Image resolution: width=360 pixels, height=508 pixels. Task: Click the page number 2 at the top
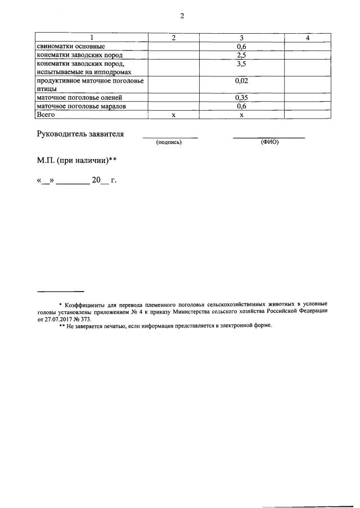(x=182, y=16)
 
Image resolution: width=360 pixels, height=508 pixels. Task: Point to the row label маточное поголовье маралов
(x=81, y=106)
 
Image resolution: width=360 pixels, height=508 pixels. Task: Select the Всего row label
(x=46, y=115)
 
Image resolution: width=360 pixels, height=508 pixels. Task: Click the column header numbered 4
(x=307, y=38)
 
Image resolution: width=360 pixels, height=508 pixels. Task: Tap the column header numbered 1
(x=92, y=38)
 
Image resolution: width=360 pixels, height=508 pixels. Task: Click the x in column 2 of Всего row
(x=173, y=115)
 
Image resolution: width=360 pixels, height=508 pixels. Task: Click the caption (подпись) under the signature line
(x=169, y=143)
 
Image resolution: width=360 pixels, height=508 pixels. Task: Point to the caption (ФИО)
(x=270, y=143)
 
